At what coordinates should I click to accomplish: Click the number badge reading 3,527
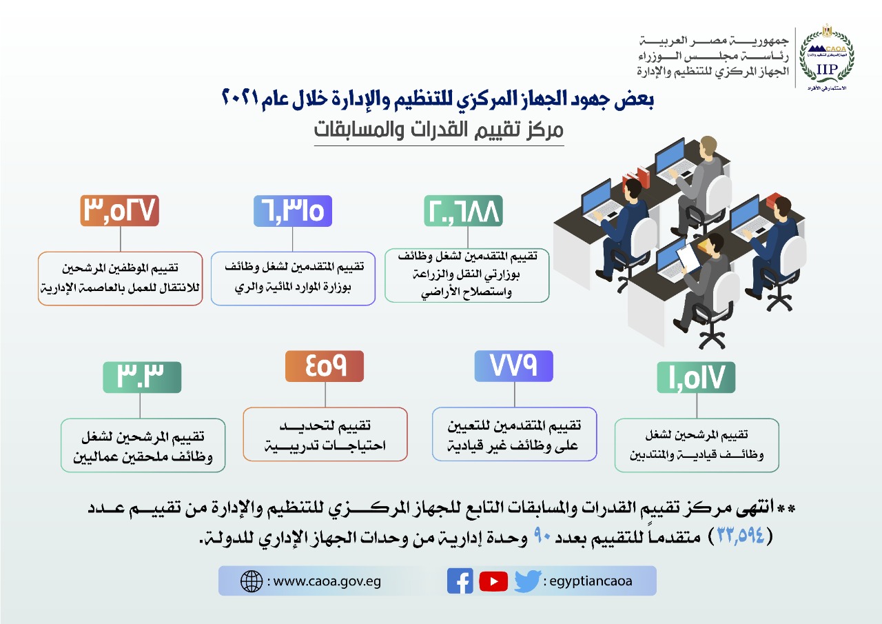120,211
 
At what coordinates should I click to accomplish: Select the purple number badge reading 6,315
293,211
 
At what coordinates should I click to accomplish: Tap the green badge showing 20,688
463,211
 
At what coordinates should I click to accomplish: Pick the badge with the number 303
142,377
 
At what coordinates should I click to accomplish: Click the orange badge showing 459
325,366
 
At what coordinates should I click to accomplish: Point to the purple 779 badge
514,366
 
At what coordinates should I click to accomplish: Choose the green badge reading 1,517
696,377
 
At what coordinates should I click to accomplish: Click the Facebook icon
460,581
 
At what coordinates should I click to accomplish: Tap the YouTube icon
493,581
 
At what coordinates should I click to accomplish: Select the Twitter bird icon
528,581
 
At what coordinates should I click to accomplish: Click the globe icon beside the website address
252,581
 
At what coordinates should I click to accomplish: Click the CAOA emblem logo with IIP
827,57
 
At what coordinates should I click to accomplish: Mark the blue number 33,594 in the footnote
741,536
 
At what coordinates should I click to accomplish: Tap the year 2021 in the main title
240,98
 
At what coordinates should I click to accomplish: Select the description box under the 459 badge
325,434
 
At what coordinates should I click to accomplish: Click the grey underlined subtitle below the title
439,130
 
